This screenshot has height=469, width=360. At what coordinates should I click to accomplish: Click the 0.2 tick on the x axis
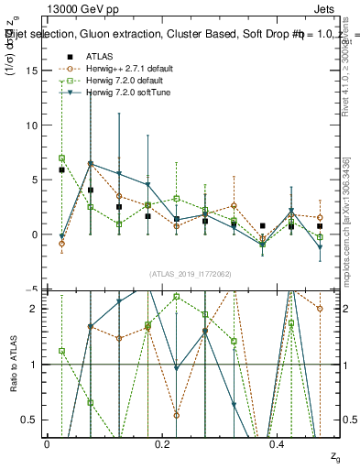(163, 444)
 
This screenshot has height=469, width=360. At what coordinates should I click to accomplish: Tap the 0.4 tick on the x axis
(279, 444)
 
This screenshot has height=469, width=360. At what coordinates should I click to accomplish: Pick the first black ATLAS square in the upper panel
(61, 169)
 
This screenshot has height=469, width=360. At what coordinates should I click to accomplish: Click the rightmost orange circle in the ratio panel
(320, 309)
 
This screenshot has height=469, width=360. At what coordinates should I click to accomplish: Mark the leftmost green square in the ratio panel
(61, 351)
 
